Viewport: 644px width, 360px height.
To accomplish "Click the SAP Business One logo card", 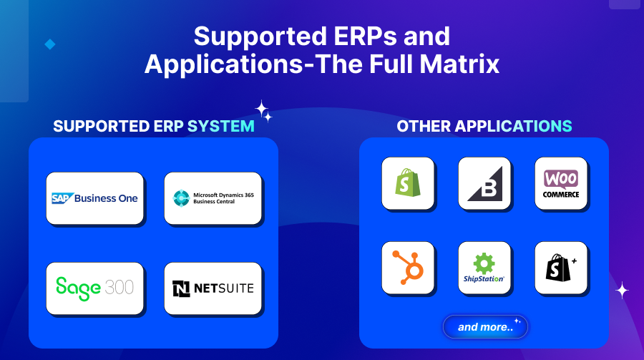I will tap(95, 198).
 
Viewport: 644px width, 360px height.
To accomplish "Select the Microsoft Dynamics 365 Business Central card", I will tap(213, 198).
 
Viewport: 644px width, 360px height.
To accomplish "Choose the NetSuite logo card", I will tap(213, 288).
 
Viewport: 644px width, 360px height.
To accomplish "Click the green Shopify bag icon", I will tap(408, 184).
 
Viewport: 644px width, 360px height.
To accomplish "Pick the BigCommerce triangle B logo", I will tap(484, 184).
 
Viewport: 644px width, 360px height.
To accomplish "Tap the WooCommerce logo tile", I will tap(561, 184).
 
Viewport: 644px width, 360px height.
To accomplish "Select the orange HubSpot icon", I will tap(408, 268).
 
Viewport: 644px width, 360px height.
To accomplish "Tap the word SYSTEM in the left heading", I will tap(221, 127).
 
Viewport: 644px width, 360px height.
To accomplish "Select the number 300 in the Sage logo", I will tap(118, 288).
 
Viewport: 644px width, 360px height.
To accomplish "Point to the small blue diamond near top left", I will tap(50, 44).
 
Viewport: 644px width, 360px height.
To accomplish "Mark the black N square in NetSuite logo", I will tap(182, 288).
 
